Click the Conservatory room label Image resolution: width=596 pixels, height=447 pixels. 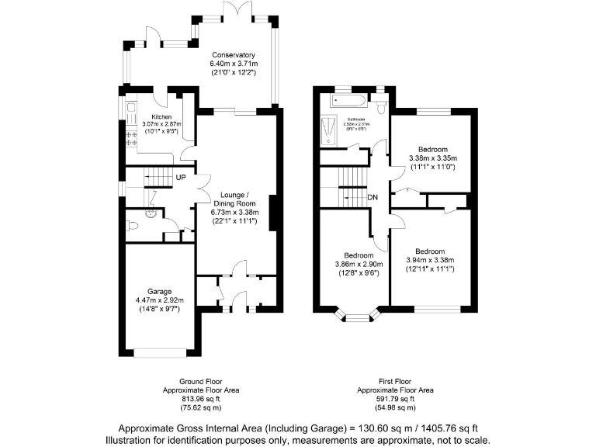233,54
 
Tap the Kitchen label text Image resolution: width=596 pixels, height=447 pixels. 151,117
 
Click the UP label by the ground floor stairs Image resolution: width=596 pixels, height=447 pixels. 180,178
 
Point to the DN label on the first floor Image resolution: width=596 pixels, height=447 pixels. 372,197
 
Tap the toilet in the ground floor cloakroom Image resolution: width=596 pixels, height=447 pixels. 133,227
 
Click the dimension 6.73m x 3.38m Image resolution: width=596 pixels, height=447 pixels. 234,212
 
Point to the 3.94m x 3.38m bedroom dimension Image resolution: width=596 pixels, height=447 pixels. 429,260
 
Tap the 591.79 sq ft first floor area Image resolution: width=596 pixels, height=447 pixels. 395,399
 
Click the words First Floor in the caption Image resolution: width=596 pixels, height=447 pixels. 395,382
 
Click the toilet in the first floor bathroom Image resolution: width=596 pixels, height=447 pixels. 382,99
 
